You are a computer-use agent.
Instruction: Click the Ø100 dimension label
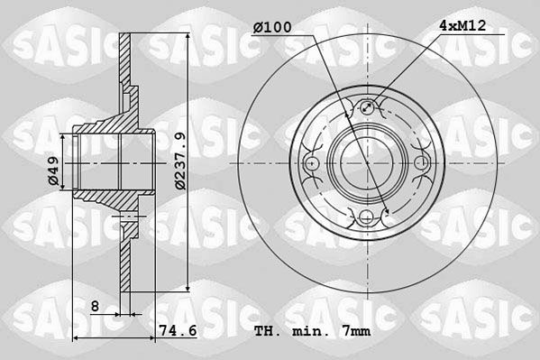[x=272, y=27]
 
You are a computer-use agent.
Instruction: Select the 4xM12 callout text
[x=462, y=25]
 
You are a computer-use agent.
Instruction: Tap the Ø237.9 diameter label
[x=180, y=161]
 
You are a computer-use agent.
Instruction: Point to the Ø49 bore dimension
[x=54, y=171]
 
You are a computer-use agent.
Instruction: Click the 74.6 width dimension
[x=178, y=331]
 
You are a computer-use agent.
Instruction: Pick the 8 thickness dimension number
[x=95, y=306]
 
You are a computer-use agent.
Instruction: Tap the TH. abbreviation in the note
[x=268, y=331]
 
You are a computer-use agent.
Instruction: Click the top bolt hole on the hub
[x=367, y=107]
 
